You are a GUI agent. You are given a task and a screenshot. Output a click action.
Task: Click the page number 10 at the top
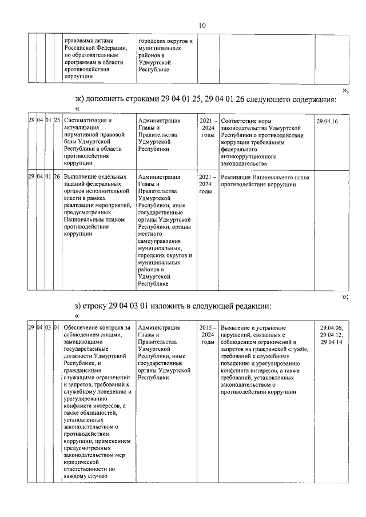click(202, 25)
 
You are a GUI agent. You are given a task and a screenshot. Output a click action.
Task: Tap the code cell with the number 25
click(57, 121)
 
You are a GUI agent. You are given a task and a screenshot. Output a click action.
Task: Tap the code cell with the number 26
click(57, 177)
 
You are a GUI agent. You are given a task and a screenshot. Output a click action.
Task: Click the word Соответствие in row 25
click(241, 121)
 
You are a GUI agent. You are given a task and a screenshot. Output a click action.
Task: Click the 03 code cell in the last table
click(49, 328)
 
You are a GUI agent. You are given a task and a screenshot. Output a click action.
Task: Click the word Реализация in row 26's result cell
click(238, 177)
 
